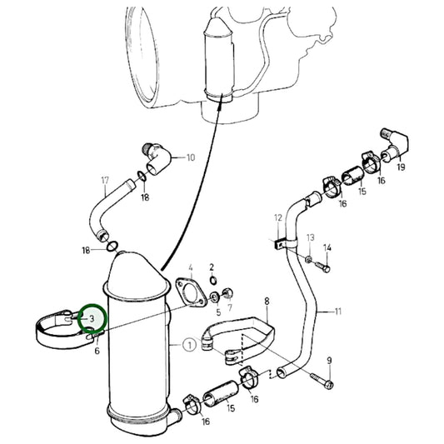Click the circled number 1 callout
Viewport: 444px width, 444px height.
(x=189, y=343)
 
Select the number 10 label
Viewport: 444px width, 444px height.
(x=190, y=157)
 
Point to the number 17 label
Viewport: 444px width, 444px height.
(x=105, y=180)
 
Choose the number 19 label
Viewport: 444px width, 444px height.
(x=401, y=167)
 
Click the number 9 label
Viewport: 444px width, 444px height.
(x=329, y=360)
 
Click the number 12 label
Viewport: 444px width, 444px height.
(x=277, y=217)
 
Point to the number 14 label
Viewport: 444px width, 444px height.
(x=327, y=247)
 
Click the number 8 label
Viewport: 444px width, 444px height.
(x=266, y=301)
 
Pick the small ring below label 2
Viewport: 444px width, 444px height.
(x=212, y=280)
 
